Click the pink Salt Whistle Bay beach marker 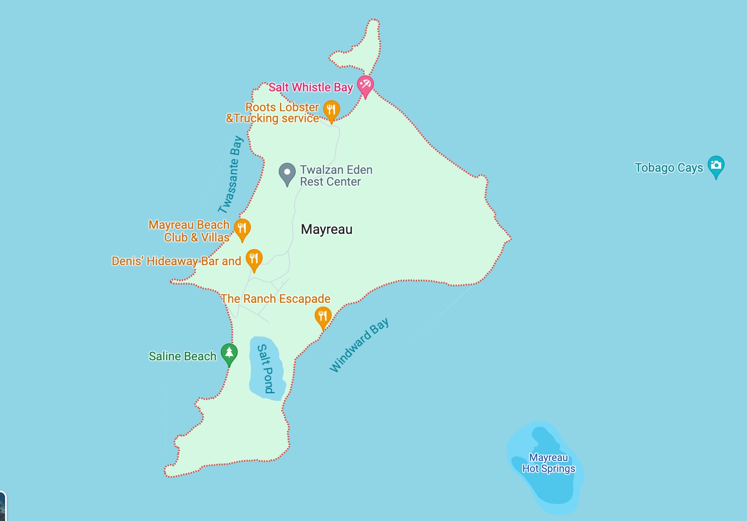click(365, 85)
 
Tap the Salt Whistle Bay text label click(310, 88)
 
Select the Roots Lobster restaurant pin click(331, 110)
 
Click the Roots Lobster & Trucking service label click(273, 113)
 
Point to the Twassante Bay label click(231, 174)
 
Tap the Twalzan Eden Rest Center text click(336, 175)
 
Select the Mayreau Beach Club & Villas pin click(242, 228)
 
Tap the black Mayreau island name click(327, 229)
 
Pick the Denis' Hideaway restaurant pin click(254, 259)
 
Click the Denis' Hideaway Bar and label click(176, 261)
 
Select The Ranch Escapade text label click(275, 299)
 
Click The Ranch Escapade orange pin click(323, 317)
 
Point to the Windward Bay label click(359, 346)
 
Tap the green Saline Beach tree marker click(229, 353)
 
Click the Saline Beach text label click(182, 356)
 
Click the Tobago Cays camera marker click(716, 165)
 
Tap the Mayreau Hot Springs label click(549, 463)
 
